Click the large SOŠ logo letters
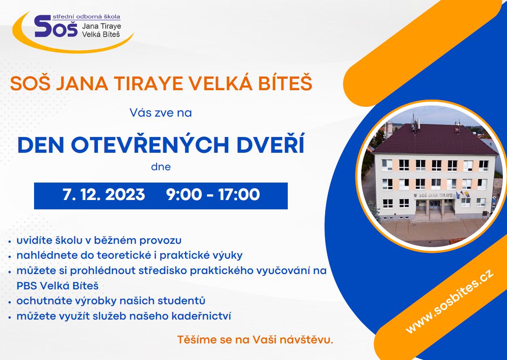click(x=56, y=26)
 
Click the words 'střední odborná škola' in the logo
click(x=86, y=17)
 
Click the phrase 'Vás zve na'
click(x=161, y=113)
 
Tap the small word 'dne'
click(x=161, y=167)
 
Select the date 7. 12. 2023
click(x=103, y=194)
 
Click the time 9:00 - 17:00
click(x=213, y=194)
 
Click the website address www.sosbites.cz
click(x=450, y=301)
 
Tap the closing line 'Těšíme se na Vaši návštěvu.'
click(x=255, y=340)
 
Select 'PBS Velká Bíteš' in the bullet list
click(x=57, y=286)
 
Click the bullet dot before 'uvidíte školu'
click(x=10, y=241)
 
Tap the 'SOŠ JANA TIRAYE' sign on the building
click(x=433, y=195)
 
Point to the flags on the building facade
click(x=462, y=194)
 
